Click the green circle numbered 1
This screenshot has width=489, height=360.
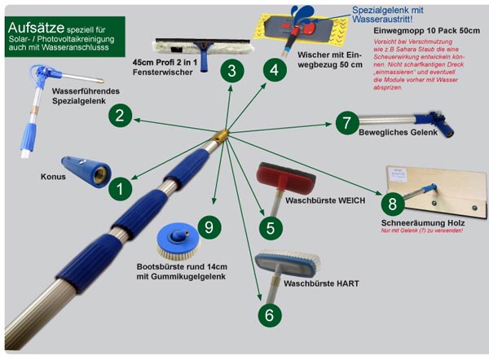(121, 190)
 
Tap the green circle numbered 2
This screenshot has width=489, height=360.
(120, 116)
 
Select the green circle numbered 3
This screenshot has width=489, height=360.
(232, 70)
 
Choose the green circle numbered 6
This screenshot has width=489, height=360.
(270, 313)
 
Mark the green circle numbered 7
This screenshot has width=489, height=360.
(346, 122)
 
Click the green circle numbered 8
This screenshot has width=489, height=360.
(392, 204)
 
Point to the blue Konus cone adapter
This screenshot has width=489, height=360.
(87, 172)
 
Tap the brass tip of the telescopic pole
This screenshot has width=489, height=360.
(222, 134)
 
